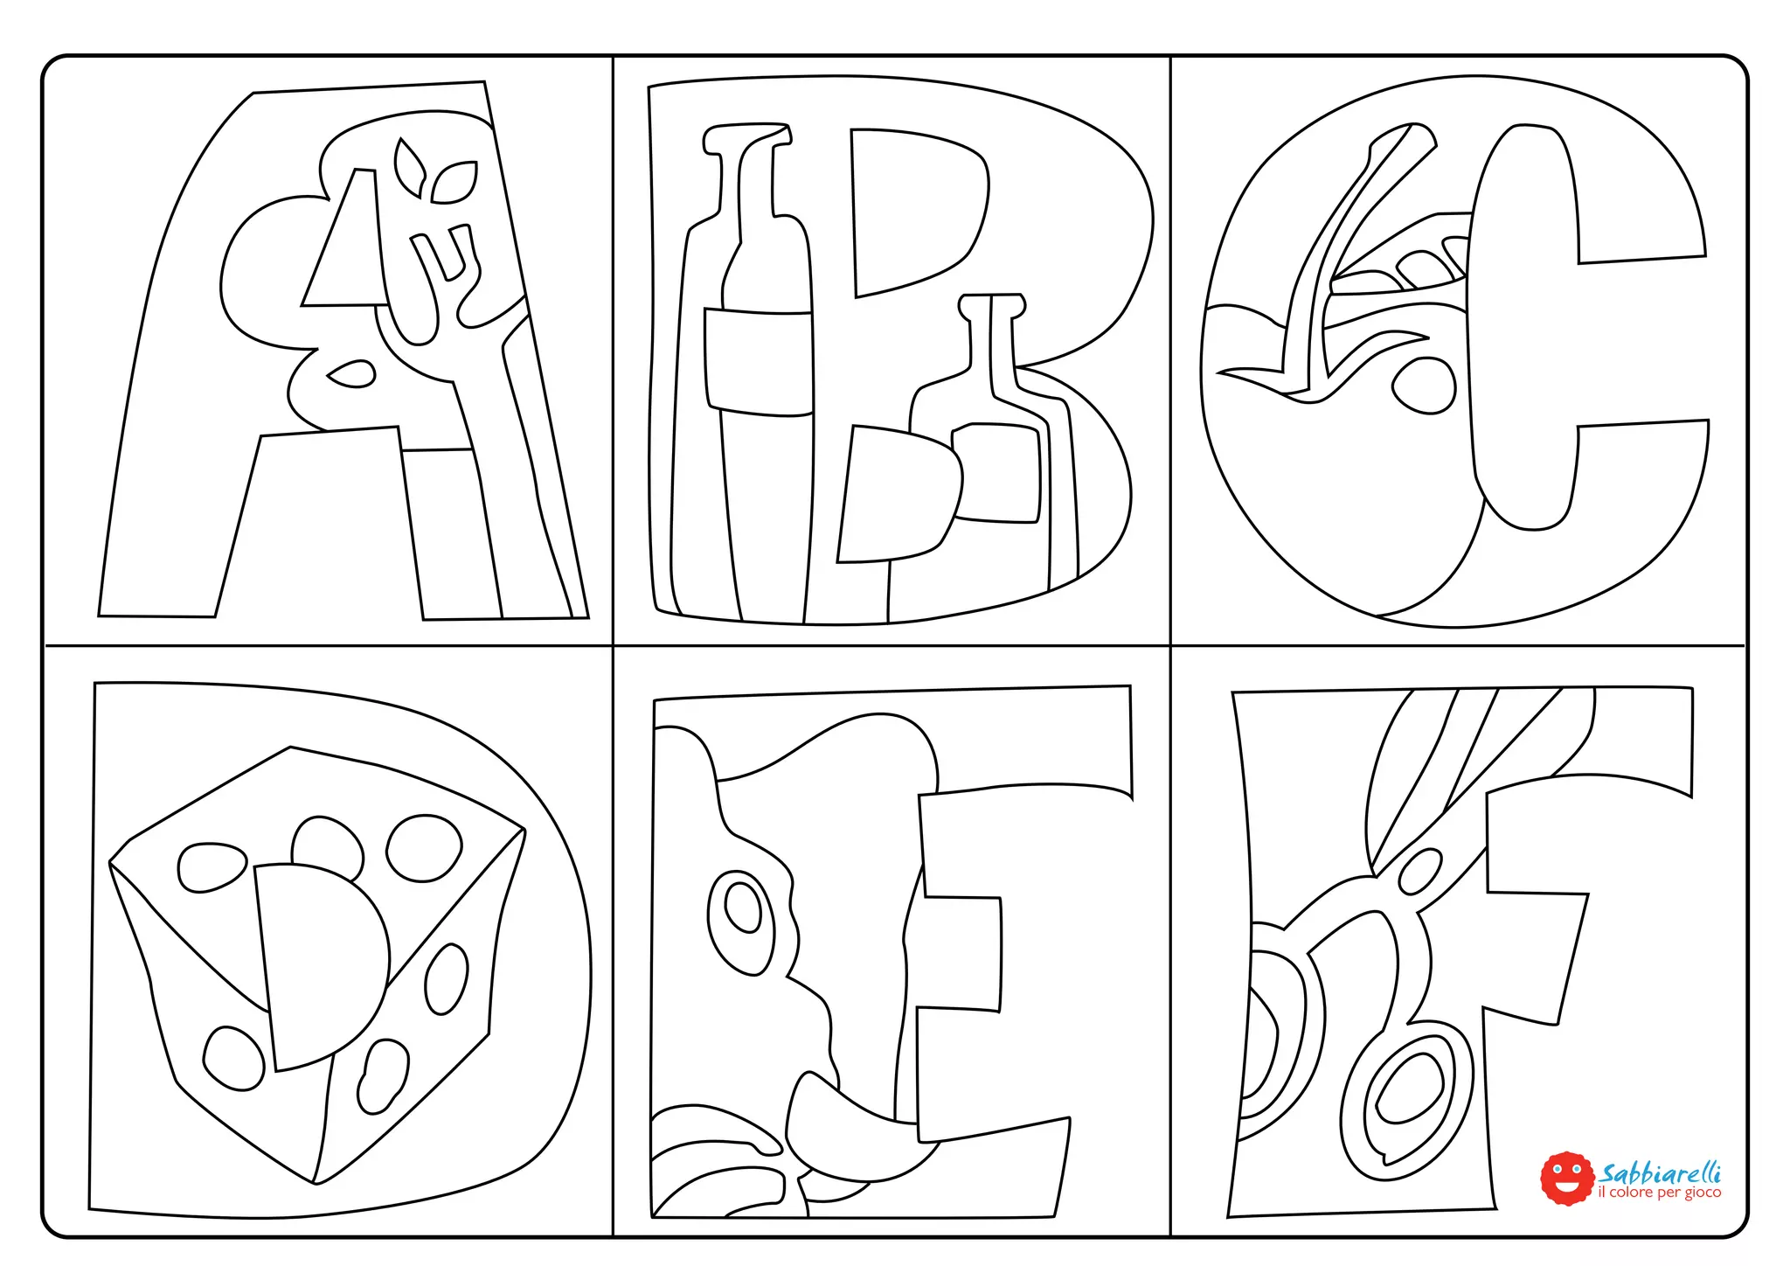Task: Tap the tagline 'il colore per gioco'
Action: pos(1659,1193)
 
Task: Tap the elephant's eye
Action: pos(743,909)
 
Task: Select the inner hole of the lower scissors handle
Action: pos(1408,1088)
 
